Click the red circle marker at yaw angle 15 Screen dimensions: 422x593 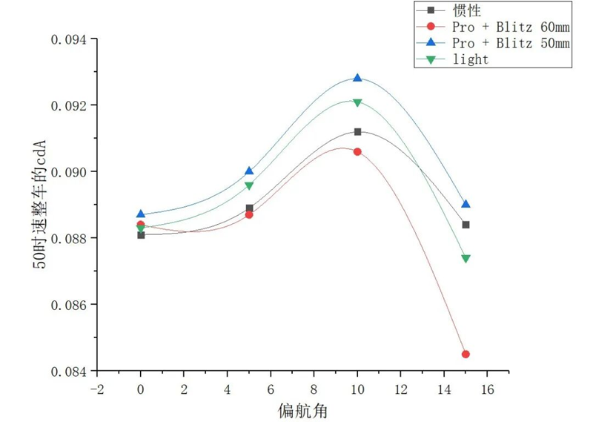click(466, 355)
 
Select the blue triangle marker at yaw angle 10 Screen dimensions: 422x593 click(357, 78)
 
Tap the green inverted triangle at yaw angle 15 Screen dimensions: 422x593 click(466, 259)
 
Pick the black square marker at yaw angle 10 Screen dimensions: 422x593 click(357, 132)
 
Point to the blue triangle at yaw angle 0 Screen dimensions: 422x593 click(141, 214)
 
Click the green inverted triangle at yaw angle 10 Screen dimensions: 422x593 click(357, 102)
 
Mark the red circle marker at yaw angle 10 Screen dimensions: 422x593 click(357, 151)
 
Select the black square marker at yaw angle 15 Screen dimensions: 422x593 click(466, 225)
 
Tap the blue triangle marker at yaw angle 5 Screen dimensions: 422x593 click(249, 171)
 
